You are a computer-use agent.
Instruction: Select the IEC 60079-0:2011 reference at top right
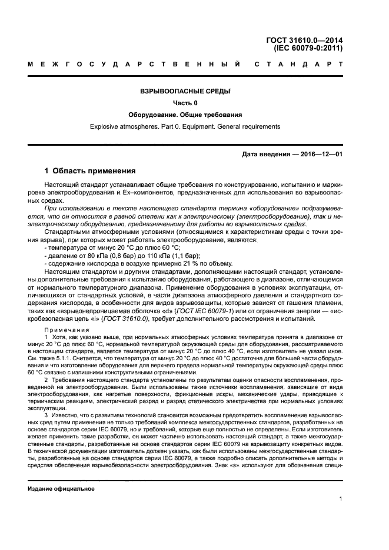[311, 49]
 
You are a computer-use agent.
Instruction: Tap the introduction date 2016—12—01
[322, 155]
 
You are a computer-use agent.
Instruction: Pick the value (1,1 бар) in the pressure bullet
[169, 256]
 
